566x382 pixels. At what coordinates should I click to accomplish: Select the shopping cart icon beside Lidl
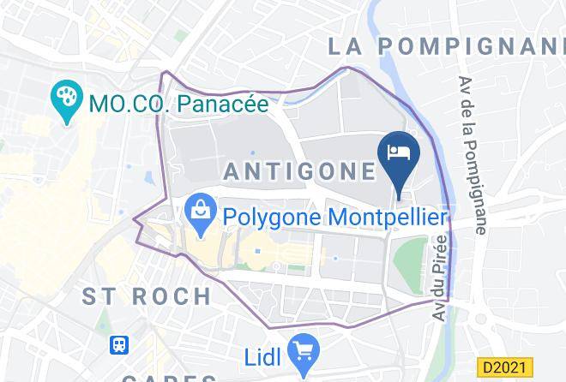pos(304,349)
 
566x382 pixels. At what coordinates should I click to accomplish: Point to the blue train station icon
pos(119,344)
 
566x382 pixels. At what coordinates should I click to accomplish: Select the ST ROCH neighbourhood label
pos(147,297)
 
